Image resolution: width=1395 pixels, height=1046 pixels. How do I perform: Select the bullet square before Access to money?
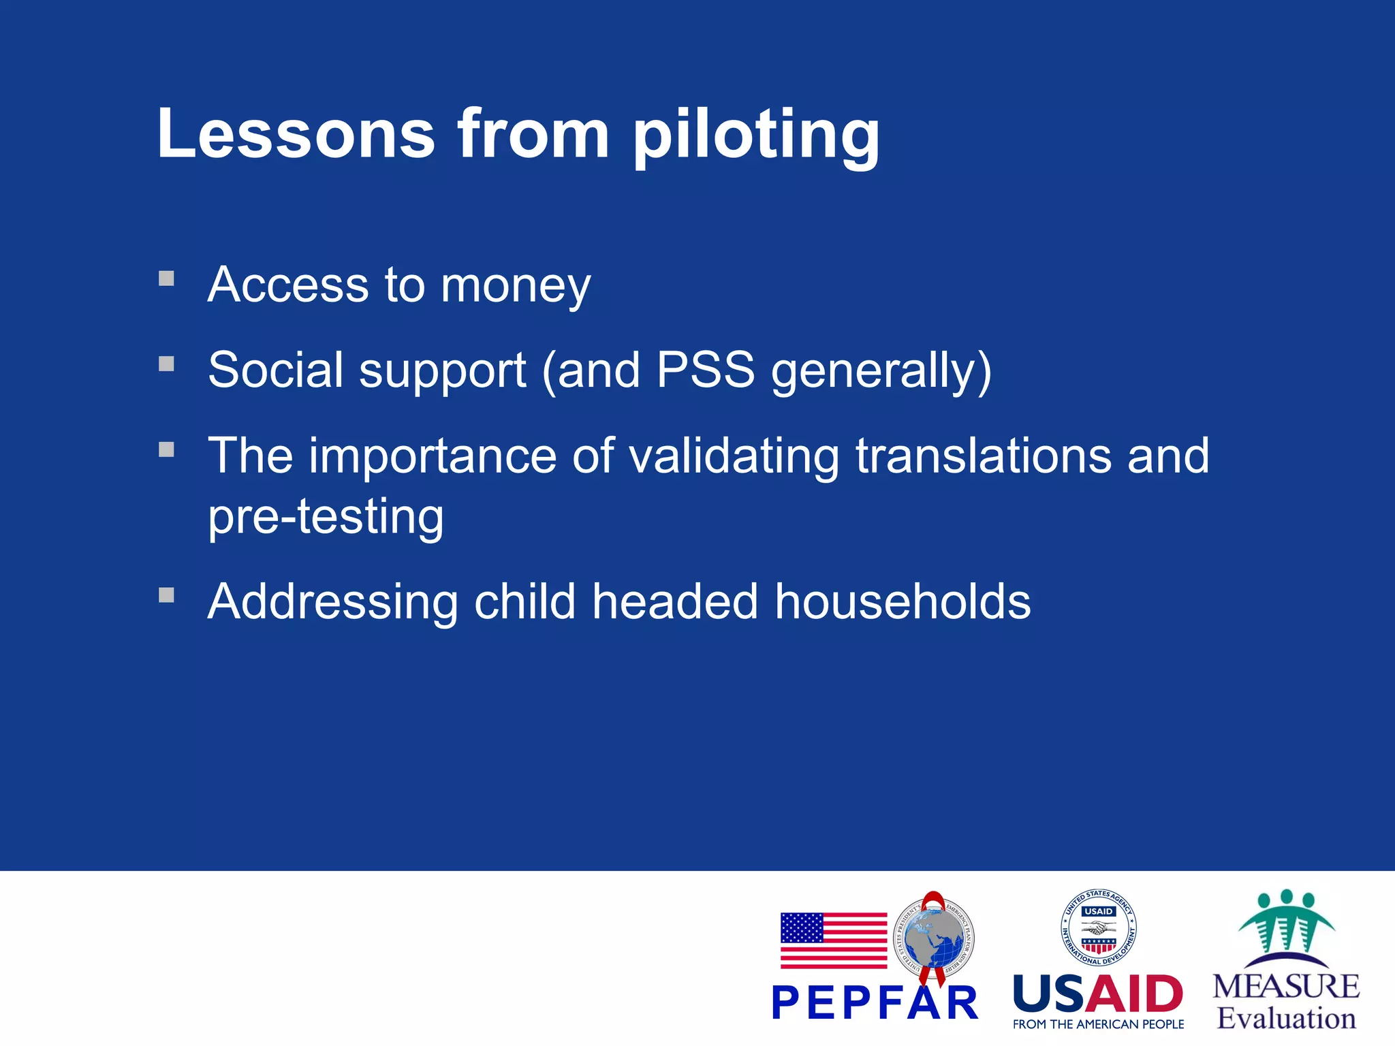click(x=166, y=279)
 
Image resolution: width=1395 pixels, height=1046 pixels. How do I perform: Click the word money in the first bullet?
click(x=516, y=286)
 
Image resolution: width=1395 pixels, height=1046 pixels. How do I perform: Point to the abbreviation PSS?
click(x=705, y=370)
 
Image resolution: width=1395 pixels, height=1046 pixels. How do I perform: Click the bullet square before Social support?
click(x=166, y=364)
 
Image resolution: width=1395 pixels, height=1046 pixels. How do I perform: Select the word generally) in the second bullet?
click(x=881, y=372)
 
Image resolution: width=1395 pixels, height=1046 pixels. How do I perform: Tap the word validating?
click(x=734, y=456)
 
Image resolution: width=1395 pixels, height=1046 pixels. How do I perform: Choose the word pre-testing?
click(x=326, y=516)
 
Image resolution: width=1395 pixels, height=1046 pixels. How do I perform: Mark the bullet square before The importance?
click(x=166, y=449)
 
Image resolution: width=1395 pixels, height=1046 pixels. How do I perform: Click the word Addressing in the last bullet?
click(x=332, y=602)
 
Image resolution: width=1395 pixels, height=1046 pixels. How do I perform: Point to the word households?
click(x=903, y=602)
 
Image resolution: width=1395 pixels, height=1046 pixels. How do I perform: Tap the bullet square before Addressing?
click(x=166, y=596)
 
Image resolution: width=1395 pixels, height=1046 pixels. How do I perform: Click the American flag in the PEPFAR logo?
click(x=833, y=940)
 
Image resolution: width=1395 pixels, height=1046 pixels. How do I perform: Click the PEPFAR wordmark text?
click(x=875, y=1003)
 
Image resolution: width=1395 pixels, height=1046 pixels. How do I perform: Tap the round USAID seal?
click(x=1098, y=928)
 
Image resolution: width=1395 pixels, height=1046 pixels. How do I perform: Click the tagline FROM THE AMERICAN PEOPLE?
click(x=1098, y=1024)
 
